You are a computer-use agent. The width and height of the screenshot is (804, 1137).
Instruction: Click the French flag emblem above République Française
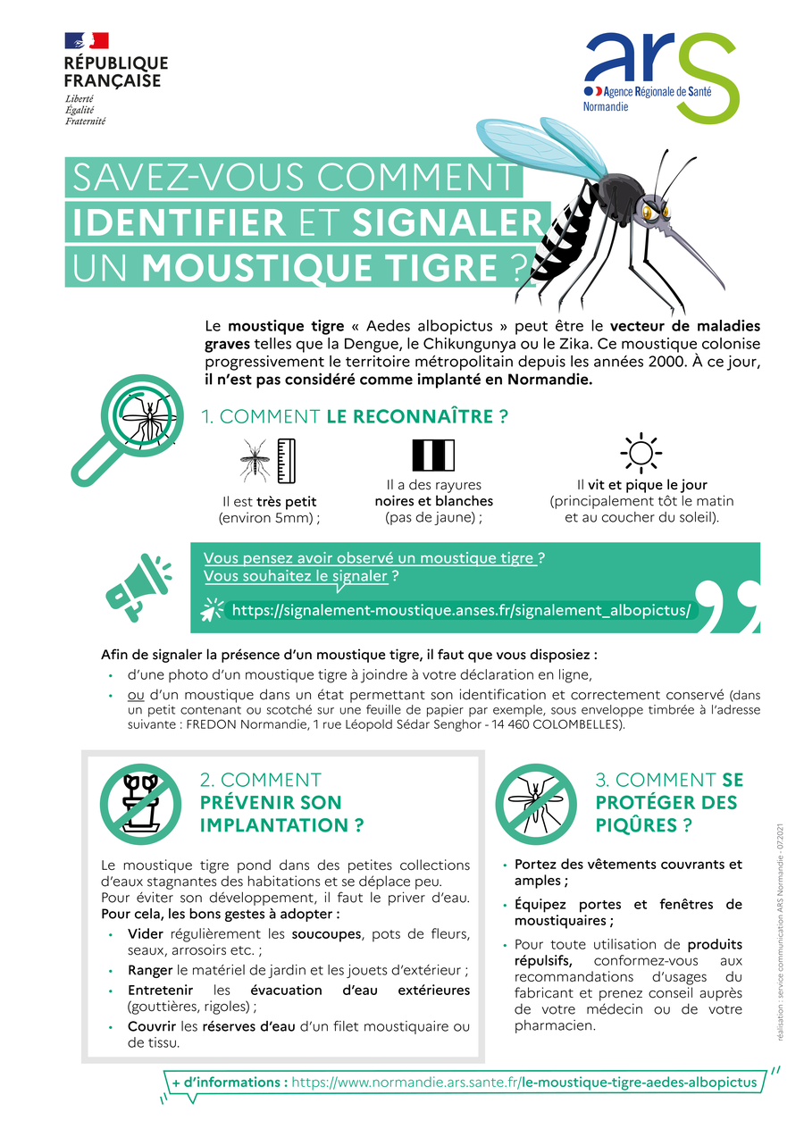click(87, 40)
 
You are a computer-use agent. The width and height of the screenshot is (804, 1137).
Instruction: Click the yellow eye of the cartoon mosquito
click(648, 211)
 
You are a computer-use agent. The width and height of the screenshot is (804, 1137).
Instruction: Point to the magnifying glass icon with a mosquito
click(127, 430)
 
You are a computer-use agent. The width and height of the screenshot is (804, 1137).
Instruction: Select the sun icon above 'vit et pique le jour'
click(641, 452)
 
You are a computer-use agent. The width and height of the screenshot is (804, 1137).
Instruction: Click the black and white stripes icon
click(433, 455)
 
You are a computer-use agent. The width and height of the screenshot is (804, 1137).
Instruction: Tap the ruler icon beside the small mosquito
click(286, 460)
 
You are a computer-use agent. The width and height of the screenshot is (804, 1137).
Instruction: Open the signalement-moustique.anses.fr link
click(461, 610)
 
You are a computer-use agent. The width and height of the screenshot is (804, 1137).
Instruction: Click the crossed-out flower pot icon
click(140, 804)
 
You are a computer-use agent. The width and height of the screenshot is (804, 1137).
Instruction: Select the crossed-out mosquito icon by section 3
click(536, 804)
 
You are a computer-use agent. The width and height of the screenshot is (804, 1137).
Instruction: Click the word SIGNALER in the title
click(448, 222)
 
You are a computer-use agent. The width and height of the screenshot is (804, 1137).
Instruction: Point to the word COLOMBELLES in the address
click(575, 724)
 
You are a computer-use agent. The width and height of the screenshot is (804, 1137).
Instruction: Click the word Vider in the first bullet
click(145, 934)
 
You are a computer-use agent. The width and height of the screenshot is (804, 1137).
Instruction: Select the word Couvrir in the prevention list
click(152, 1026)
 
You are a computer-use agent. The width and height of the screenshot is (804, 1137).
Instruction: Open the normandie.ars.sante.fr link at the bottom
click(523, 1083)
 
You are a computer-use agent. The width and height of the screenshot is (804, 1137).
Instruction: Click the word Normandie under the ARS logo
click(606, 106)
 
